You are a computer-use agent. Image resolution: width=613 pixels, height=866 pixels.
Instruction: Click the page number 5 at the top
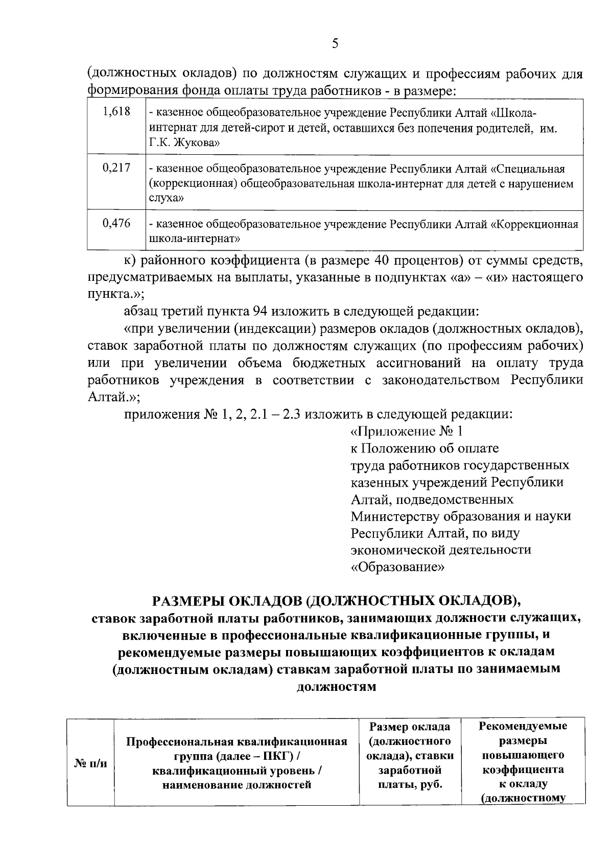point(335,43)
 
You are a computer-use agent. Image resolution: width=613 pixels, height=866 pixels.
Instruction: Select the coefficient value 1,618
point(116,111)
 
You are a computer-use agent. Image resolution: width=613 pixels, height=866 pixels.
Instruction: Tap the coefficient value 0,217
point(116,167)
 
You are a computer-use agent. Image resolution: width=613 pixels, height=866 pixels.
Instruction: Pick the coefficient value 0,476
point(116,223)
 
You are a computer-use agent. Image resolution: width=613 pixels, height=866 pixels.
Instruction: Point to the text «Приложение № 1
point(407,431)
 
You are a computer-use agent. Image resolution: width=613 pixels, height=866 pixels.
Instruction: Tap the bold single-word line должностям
point(336,687)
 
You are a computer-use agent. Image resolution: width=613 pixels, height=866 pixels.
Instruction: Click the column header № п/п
point(91,763)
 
